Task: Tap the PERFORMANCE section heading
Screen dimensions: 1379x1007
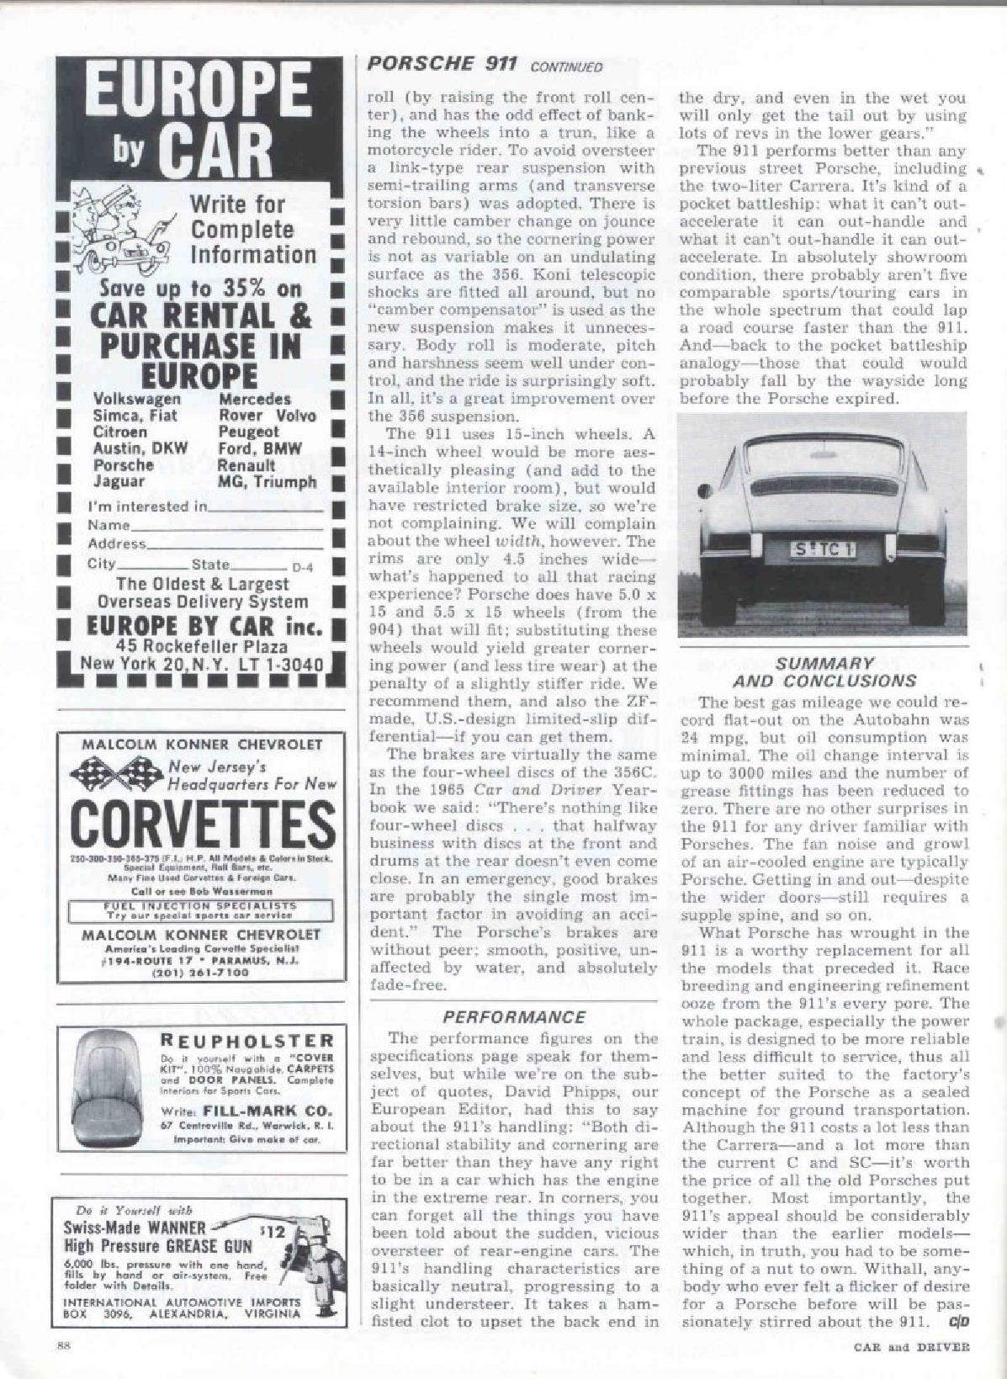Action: tap(513, 1017)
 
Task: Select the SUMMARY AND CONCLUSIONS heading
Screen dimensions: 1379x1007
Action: tap(824, 671)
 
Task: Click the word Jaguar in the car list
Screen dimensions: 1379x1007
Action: tap(119, 481)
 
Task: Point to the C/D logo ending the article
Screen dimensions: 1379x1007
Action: tap(959, 1320)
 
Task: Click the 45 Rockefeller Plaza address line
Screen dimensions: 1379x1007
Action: tap(202, 646)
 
